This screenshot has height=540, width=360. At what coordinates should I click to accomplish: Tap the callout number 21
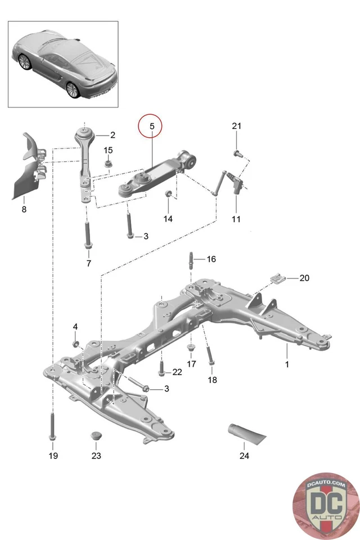[x=236, y=126]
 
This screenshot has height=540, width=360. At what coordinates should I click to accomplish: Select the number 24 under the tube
[x=244, y=456]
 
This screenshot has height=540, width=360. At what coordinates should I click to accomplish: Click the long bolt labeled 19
[x=53, y=425]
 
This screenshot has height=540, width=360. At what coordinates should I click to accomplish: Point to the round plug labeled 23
[x=96, y=437]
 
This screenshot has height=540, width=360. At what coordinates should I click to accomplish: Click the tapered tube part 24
[x=245, y=434]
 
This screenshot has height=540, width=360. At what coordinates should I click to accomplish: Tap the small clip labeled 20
[x=278, y=278]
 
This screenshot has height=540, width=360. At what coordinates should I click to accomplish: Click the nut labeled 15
[x=108, y=164]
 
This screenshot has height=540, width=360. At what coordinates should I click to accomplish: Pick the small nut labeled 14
[x=167, y=195]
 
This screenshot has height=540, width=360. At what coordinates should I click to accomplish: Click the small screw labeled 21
[x=236, y=152]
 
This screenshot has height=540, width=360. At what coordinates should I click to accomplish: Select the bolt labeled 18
[x=210, y=359]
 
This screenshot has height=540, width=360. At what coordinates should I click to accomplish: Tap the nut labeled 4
[x=75, y=343]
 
